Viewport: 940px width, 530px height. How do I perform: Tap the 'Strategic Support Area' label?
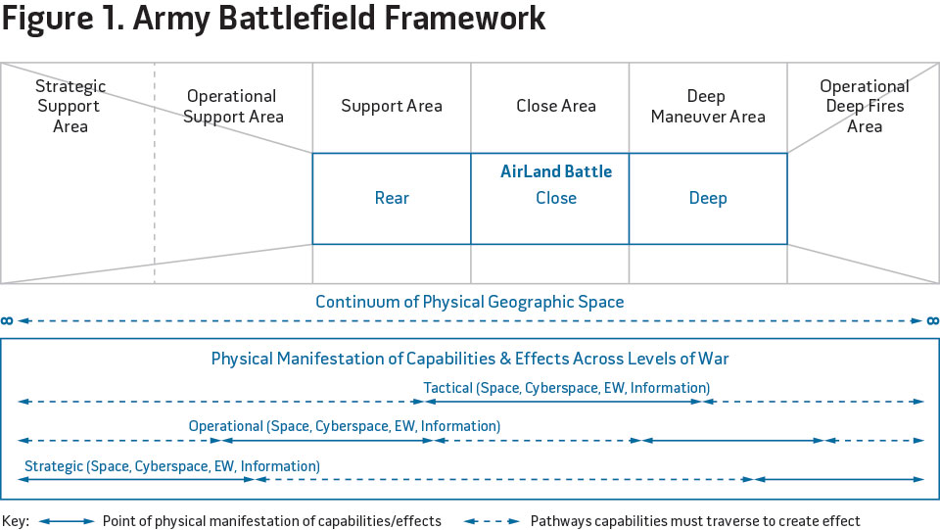70,107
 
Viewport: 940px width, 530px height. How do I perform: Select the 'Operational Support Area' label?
233,107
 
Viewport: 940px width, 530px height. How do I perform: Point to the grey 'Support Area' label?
392,106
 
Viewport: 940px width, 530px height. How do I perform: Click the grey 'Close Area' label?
556,106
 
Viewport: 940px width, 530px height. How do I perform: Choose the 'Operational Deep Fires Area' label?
865,106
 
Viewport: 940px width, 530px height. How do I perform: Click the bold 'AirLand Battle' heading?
556,171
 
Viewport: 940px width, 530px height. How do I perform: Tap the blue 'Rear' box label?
392,198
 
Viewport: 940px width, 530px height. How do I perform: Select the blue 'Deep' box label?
708,198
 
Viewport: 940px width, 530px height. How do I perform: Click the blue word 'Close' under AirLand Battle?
556,198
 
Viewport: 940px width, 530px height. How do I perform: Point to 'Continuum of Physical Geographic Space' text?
470,302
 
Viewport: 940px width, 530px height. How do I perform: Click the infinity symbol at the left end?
8,320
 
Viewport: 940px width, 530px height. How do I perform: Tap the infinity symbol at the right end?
932,320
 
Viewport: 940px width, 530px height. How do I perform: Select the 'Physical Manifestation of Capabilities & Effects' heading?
470,359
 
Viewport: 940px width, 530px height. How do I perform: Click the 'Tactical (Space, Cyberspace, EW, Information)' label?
567,388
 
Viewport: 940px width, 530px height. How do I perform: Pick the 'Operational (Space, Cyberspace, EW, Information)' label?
345,426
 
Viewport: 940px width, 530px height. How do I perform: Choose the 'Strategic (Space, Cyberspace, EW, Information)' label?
172,466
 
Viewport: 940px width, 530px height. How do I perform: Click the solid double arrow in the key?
66,521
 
